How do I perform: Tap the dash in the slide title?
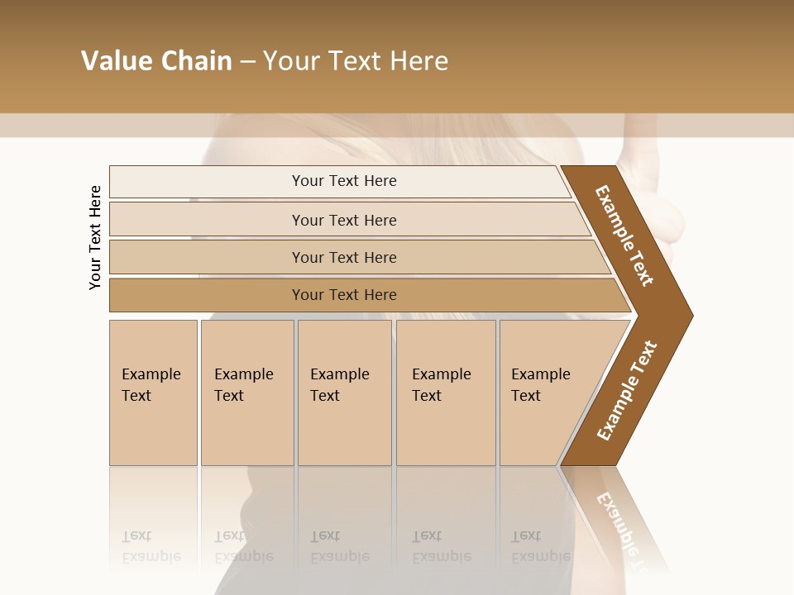click(247, 62)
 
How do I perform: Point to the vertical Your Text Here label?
click(96, 237)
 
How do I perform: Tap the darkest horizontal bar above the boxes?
click(207, 295)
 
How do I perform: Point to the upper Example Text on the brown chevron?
click(624, 236)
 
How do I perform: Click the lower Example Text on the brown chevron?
click(627, 391)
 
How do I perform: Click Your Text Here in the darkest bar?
click(344, 295)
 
